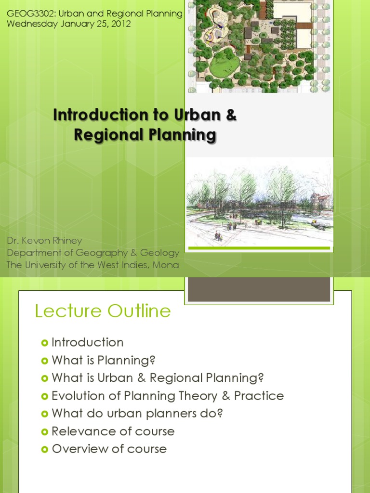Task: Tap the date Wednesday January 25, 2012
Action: [x=68, y=24]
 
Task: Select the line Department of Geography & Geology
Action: [x=92, y=252]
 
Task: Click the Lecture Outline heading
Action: [x=103, y=311]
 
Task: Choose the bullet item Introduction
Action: [x=87, y=342]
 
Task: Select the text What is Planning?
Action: [x=104, y=360]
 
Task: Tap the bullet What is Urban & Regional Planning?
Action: [x=158, y=378]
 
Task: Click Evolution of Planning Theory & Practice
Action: [x=168, y=396]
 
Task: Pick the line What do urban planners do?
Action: [x=137, y=414]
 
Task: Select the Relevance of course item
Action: [x=113, y=431]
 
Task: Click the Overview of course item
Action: [x=109, y=449]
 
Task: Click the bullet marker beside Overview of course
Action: [x=45, y=449]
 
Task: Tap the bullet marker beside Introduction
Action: [x=45, y=343]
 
